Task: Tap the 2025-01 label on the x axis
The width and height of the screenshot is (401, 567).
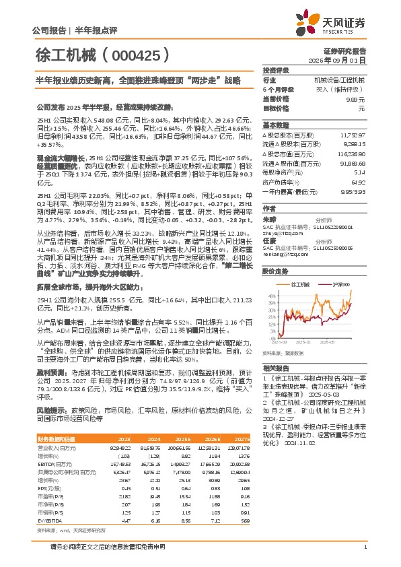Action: click(x=307, y=341)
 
